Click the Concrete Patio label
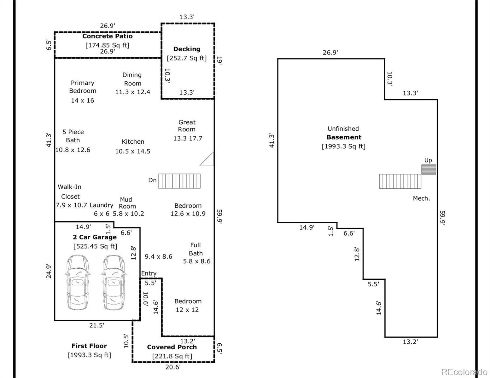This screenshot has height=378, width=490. point(108,36)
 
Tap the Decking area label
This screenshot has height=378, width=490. point(187,49)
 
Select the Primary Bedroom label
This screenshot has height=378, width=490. point(83,87)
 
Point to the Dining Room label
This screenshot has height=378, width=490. point(132,79)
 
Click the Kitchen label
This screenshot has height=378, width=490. point(133,142)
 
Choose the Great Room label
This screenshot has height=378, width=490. point(187,126)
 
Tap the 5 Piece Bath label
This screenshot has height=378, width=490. point(73,136)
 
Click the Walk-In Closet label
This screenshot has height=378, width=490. point(70,192)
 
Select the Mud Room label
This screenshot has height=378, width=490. point(126,203)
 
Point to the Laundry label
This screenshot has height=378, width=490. point(102,205)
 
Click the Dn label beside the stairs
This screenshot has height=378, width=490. point(152,180)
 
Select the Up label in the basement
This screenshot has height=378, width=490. point(428,160)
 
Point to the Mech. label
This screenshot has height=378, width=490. point(422,198)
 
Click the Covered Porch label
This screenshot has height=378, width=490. point(172,347)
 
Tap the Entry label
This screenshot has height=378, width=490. point(149,273)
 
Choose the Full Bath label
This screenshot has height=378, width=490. point(195,249)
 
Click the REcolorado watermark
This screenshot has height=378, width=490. point(464,372)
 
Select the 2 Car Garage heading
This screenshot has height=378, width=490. point(95,237)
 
